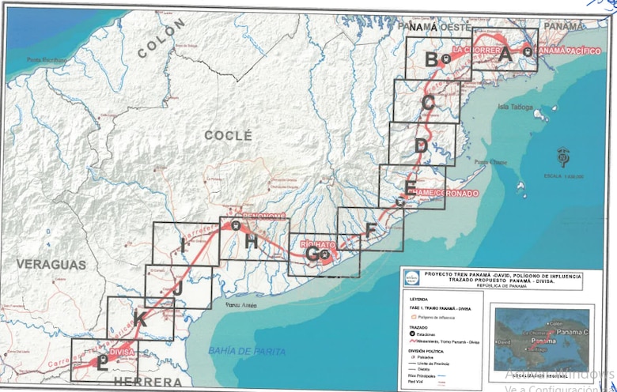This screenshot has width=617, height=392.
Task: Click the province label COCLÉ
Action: click(x=228, y=135)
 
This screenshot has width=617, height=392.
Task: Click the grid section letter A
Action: click(x=505, y=55)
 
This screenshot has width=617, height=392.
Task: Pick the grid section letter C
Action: click(x=428, y=102)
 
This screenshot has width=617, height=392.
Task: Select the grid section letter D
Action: click(x=421, y=145)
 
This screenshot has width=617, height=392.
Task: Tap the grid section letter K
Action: click(x=140, y=320)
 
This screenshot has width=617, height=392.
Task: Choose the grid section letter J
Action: click(x=178, y=288)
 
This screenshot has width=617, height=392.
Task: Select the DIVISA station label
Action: click(x=122, y=352)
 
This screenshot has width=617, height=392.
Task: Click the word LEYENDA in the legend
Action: click(x=420, y=300)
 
